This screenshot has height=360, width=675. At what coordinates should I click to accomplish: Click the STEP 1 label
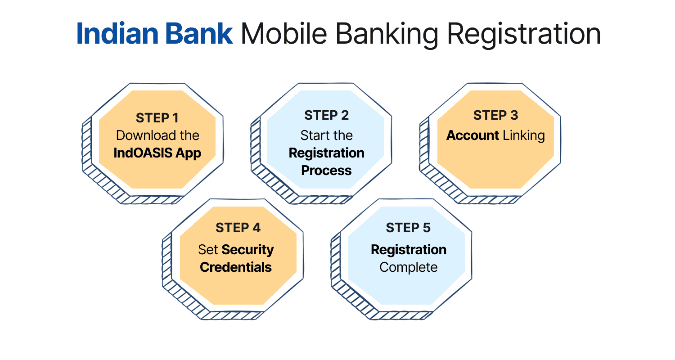(157, 118)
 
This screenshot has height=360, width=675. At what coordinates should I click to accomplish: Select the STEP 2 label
(326, 115)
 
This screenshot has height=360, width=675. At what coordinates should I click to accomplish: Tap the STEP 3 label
(495, 115)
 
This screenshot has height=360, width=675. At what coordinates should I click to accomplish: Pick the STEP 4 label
(238, 228)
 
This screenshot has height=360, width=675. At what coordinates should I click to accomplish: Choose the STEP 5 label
(408, 228)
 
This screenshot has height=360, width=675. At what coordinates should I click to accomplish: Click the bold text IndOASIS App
(157, 153)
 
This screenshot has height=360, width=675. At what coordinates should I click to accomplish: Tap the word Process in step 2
(326, 171)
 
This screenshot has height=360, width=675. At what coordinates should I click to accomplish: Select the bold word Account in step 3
(472, 135)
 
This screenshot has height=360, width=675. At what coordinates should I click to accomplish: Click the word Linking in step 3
(523, 135)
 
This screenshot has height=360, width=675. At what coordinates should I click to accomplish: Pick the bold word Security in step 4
(248, 250)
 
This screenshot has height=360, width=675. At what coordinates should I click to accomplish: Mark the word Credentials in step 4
(236, 267)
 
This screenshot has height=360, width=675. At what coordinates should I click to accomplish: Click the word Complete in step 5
(408, 267)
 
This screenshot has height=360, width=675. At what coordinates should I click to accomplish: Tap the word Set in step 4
(208, 250)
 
